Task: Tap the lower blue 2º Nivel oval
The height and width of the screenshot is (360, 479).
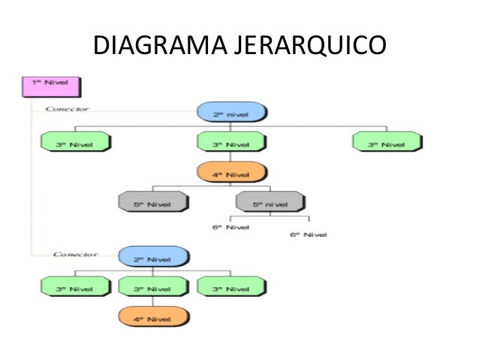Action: [x=153, y=258]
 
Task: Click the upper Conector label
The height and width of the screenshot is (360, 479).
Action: [x=68, y=108]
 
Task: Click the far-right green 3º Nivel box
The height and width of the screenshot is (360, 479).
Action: [x=387, y=141]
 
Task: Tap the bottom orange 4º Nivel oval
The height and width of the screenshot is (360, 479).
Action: [x=153, y=318]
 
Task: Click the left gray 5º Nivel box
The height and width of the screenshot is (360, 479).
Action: [x=153, y=201]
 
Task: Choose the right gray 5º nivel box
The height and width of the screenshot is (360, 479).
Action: [x=271, y=201]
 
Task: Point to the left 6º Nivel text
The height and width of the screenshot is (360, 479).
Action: [x=230, y=225]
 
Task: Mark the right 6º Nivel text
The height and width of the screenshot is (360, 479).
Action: [x=309, y=234]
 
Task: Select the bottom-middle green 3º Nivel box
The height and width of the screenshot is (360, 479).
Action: [x=153, y=287]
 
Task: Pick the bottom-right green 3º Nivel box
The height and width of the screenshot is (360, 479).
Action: [x=231, y=287]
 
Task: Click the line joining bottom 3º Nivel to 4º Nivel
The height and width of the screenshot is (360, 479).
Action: [x=153, y=302]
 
